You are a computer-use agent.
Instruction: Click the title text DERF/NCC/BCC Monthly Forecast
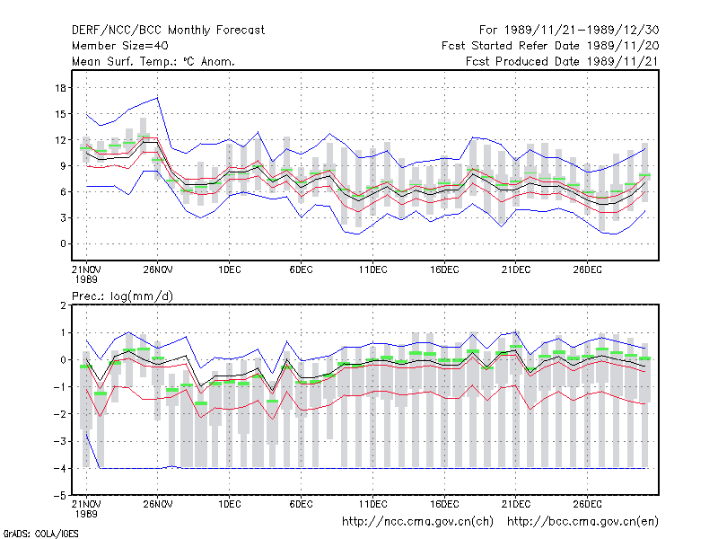[x=168, y=31]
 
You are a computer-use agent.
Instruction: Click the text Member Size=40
[x=120, y=46]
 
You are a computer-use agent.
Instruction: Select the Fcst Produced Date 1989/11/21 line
[x=562, y=61]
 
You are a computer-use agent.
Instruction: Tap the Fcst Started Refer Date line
[x=550, y=46]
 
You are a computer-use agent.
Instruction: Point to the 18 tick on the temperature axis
[x=60, y=88]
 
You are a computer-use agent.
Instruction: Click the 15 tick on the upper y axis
[x=60, y=114]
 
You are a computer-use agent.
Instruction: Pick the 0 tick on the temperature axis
[x=63, y=243]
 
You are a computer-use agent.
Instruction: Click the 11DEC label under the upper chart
[x=372, y=269]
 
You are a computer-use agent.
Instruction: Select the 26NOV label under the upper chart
[x=158, y=269]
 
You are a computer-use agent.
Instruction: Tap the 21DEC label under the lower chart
[x=516, y=504]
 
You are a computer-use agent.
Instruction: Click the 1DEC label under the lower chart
[x=230, y=504]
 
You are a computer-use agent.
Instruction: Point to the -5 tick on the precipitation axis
[x=60, y=496]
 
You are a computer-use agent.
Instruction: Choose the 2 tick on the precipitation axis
[x=63, y=305]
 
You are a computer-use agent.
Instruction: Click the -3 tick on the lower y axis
[x=60, y=441]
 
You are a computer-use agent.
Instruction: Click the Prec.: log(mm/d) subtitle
[x=122, y=296]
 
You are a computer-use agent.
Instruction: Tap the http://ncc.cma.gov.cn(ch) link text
[x=417, y=522]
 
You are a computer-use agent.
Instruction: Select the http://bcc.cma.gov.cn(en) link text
[x=582, y=522]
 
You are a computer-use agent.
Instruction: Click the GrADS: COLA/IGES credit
[x=40, y=534]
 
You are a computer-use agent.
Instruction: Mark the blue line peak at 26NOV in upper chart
[x=158, y=97]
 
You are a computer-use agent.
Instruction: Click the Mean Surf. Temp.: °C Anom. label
[x=153, y=61]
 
